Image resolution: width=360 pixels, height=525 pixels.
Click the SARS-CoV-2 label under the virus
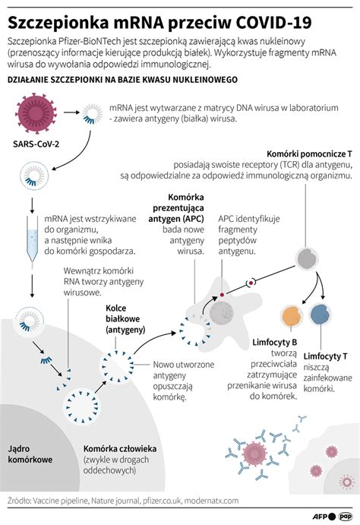click(36, 144)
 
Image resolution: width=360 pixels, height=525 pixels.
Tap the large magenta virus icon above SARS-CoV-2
click(36, 114)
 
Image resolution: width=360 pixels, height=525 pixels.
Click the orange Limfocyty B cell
click(292, 316)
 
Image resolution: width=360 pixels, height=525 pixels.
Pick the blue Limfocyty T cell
click(321, 314)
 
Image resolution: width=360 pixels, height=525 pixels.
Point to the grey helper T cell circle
click(307, 258)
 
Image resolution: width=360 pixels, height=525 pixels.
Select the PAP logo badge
click(346, 517)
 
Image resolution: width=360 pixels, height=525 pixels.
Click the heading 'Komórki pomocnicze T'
click(309, 154)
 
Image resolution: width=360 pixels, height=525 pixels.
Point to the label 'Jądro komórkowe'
click(30, 454)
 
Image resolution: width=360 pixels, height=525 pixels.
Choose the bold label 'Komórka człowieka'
click(120, 449)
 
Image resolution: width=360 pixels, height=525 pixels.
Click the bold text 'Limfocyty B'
click(275, 342)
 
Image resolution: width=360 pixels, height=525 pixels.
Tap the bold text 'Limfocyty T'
click(325, 356)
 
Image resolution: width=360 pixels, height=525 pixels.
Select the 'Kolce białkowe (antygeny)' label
click(125, 319)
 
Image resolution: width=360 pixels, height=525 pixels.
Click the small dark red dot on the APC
click(222, 295)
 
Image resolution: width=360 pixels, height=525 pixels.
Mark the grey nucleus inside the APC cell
click(222, 314)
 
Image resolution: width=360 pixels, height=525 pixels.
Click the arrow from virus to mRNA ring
click(71, 112)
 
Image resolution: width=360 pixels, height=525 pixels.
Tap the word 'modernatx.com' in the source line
click(211, 501)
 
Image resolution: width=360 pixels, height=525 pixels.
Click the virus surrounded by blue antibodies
click(255, 454)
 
